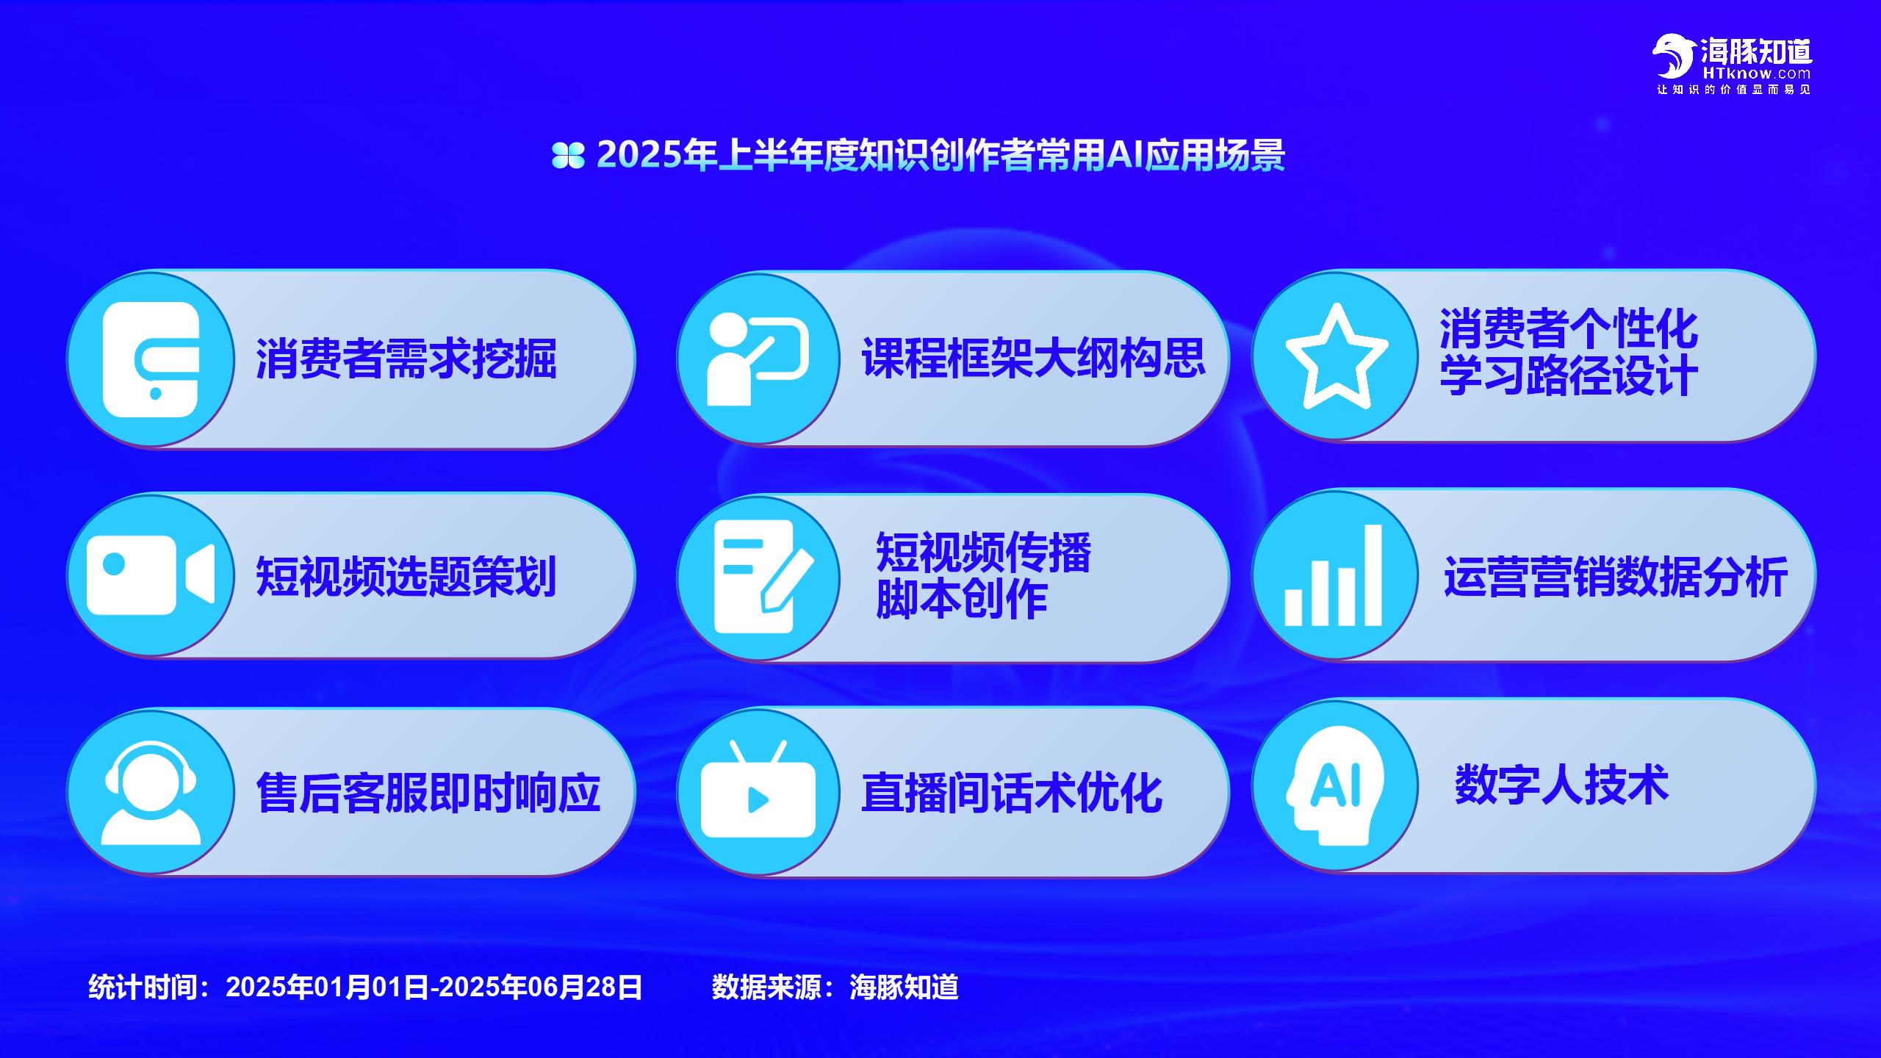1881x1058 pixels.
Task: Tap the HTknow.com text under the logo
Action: [x=1756, y=73]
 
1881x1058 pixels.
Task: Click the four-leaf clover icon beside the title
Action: [x=568, y=155]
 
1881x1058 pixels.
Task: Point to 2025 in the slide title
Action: [x=639, y=154]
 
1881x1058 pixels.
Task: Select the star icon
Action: [x=1337, y=356]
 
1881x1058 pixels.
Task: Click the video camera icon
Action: [x=151, y=575]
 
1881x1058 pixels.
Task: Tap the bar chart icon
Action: [x=1333, y=575]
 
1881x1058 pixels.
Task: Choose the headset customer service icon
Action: [x=151, y=792]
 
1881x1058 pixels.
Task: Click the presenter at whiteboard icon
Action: [x=758, y=359]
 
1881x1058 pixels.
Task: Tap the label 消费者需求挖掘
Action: [x=406, y=359]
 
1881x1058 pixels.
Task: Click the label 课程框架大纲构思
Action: [x=1033, y=358]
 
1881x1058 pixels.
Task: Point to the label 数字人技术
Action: [x=1562, y=785]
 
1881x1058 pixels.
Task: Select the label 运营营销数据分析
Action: [x=1616, y=577]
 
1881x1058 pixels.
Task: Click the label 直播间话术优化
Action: [x=1012, y=793]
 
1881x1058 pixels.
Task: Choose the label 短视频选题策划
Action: [x=406, y=576]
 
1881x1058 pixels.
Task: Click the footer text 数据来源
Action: [x=766, y=987]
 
